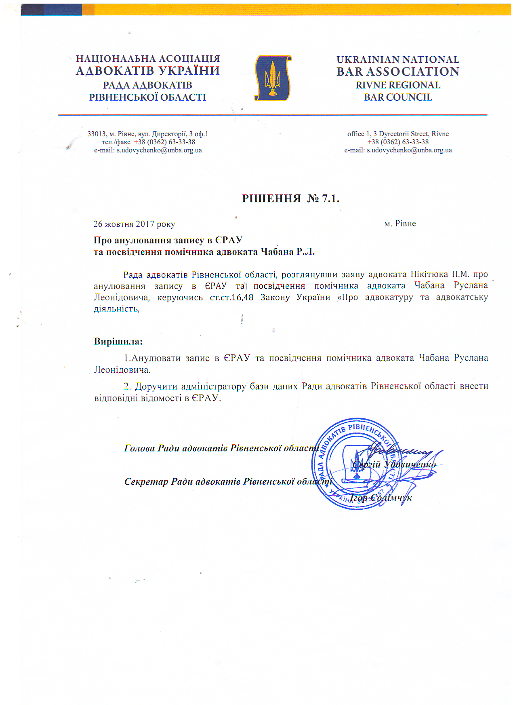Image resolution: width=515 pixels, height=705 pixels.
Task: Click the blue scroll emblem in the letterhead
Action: (x=273, y=78)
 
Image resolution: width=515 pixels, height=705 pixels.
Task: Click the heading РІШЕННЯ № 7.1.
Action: (x=290, y=198)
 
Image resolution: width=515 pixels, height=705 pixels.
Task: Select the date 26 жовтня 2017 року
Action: (x=134, y=224)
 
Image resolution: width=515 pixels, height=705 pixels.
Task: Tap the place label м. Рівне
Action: (x=400, y=224)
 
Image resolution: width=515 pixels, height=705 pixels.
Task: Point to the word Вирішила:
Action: (x=118, y=341)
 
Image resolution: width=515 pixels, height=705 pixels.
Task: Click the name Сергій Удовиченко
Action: (x=394, y=464)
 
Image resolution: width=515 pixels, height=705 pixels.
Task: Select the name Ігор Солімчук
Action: (x=381, y=498)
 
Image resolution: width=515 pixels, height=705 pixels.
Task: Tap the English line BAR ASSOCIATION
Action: (x=398, y=72)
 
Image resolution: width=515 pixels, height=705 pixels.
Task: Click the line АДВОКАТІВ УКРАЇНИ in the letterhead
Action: (x=148, y=71)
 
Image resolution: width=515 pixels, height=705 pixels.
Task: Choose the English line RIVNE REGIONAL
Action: (x=398, y=85)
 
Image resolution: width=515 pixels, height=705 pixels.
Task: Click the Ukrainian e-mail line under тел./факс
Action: (x=148, y=150)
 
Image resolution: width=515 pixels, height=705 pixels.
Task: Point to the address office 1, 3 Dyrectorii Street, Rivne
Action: (x=398, y=134)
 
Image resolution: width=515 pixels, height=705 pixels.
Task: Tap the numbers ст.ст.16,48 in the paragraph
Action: (x=231, y=298)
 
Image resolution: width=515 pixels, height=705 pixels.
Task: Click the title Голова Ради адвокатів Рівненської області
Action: (x=222, y=448)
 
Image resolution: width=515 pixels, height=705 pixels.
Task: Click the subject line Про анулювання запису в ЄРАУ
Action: (x=168, y=240)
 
